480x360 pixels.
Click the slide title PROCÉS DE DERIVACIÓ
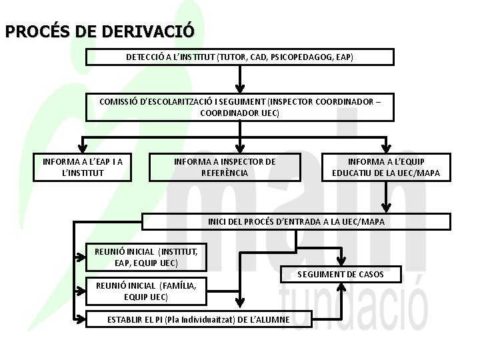[100, 31]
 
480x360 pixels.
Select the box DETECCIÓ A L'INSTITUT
[240, 57]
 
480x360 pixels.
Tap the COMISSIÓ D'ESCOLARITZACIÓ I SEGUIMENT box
[240, 107]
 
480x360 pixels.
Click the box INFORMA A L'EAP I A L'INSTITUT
[83, 167]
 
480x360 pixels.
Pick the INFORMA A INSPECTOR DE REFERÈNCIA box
[225, 167]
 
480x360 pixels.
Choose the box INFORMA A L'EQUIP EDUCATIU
[386, 167]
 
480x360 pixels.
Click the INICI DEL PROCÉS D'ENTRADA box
[296, 221]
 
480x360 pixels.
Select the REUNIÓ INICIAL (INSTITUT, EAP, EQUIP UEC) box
[147, 257]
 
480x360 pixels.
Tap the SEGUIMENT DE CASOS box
[340, 274]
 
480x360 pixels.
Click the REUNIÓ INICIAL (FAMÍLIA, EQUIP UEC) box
[147, 291]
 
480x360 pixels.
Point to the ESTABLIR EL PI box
[199, 319]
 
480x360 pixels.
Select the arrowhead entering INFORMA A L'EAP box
[83, 148]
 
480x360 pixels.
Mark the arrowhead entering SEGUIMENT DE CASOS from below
[340, 287]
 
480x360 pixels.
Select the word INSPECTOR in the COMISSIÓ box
[291, 101]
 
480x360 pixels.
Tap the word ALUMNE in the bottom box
[275, 319]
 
